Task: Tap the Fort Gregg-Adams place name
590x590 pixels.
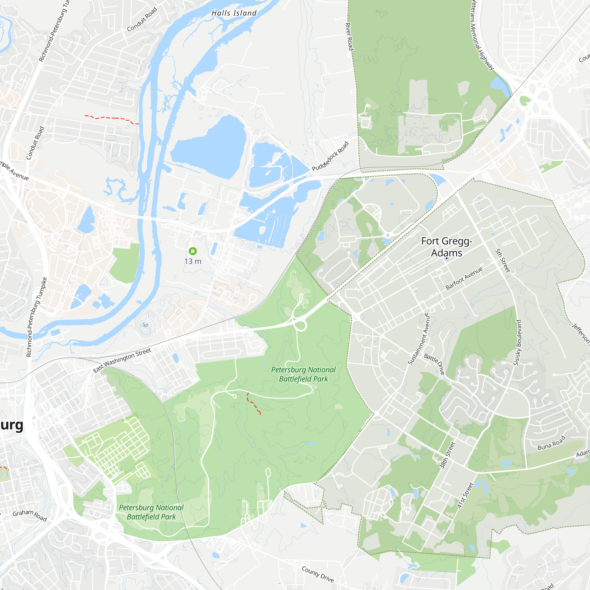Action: point(446,247)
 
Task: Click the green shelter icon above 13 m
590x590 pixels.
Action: point(193,251)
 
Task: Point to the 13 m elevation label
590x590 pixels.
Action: point(193,261)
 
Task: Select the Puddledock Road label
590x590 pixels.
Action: point(330,156)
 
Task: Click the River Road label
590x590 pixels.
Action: point(349,36)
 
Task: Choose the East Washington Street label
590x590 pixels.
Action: point(122,360)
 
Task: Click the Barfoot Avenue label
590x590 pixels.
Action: point(464,278)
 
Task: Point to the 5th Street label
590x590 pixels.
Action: point(502,260)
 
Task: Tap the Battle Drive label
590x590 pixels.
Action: point(434,364)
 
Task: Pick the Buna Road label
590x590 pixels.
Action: point(551,443)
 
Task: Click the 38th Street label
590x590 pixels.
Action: point(448,455)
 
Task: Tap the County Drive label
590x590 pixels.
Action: point(318,574)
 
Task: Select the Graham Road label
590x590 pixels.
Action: point(29,515)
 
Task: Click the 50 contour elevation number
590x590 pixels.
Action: point(145,325)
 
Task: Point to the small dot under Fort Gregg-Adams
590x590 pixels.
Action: point(446,258)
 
